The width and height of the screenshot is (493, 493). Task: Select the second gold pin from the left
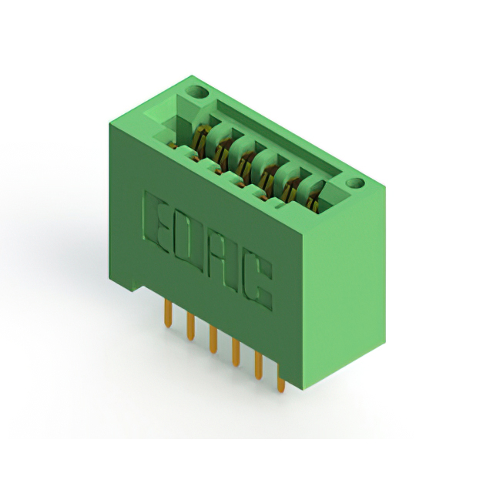pyautogui.click(x=189, y=325)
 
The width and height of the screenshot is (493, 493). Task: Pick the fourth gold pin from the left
pyautogui.click(x=235, y=352)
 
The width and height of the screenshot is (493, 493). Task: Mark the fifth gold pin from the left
pyautogui.click(x=258, y=367)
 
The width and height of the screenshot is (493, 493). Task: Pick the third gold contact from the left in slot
pyautogui.click(x=245, y=162)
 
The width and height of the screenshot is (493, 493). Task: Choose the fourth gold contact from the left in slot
pyautogui.click(x=267, y=175)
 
